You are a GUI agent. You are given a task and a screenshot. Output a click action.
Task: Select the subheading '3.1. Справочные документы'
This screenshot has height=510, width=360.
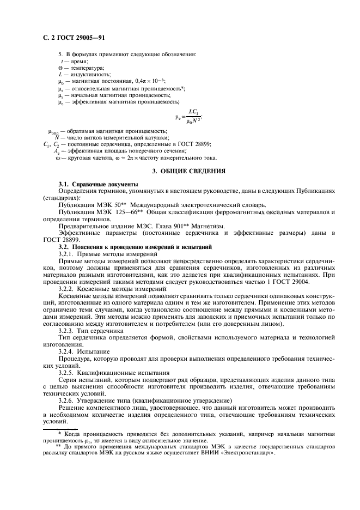(91, 186)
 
